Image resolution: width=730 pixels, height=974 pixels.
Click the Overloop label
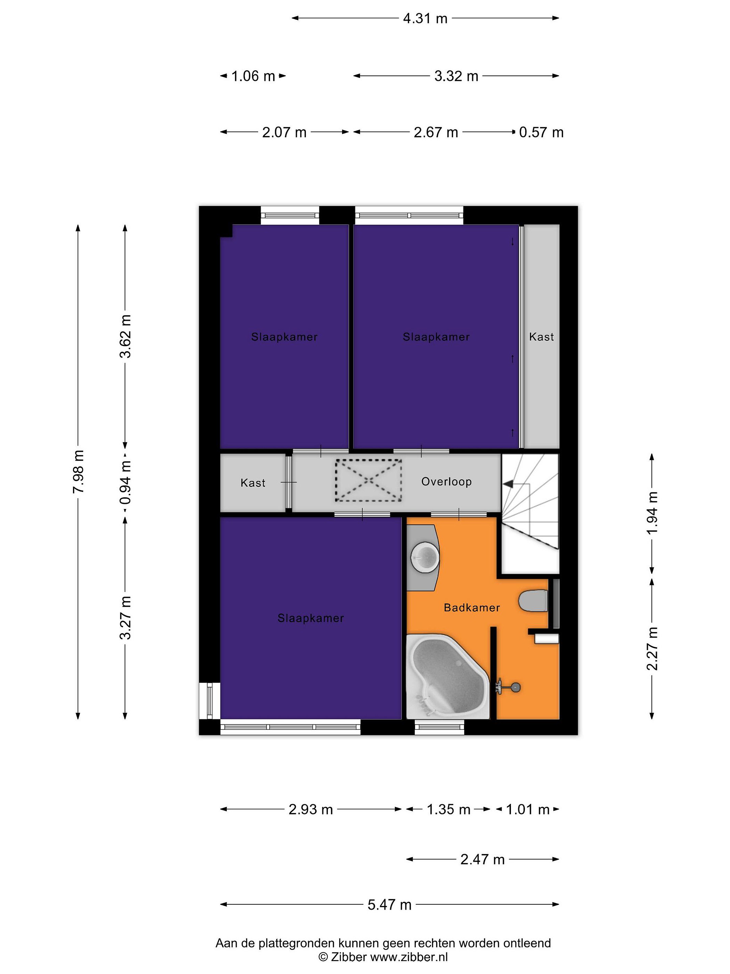[446, 481]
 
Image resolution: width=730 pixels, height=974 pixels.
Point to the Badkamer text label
[472, 608]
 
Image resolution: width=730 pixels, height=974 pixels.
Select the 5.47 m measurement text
[389, 905]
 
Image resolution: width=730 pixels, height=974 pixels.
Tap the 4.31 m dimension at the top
[425, 19]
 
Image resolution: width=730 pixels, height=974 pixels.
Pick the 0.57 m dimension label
[541, 132]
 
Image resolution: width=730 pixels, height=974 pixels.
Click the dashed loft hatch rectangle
[368, 480]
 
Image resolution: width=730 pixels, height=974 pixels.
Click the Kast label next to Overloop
[253, 483]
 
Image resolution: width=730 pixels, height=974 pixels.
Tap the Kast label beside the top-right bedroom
[541, 337]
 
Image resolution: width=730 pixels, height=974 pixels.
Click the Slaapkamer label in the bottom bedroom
[311, 618]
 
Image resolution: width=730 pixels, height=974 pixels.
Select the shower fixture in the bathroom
[509, 687]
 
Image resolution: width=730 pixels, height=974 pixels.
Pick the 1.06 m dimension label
[253, 76]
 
